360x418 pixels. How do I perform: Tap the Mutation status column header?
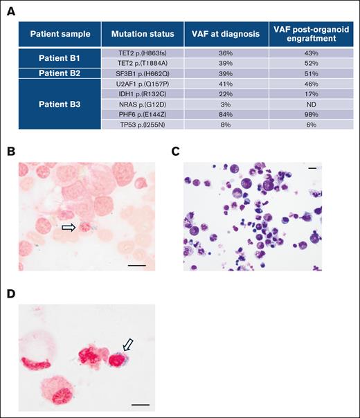tap(141, 34)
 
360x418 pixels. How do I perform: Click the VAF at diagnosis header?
tap(225, 34)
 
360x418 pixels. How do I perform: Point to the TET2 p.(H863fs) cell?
tap(141, 53)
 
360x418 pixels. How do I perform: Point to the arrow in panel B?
tap(69, 226)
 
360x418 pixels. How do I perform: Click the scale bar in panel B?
tap(136, 264)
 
